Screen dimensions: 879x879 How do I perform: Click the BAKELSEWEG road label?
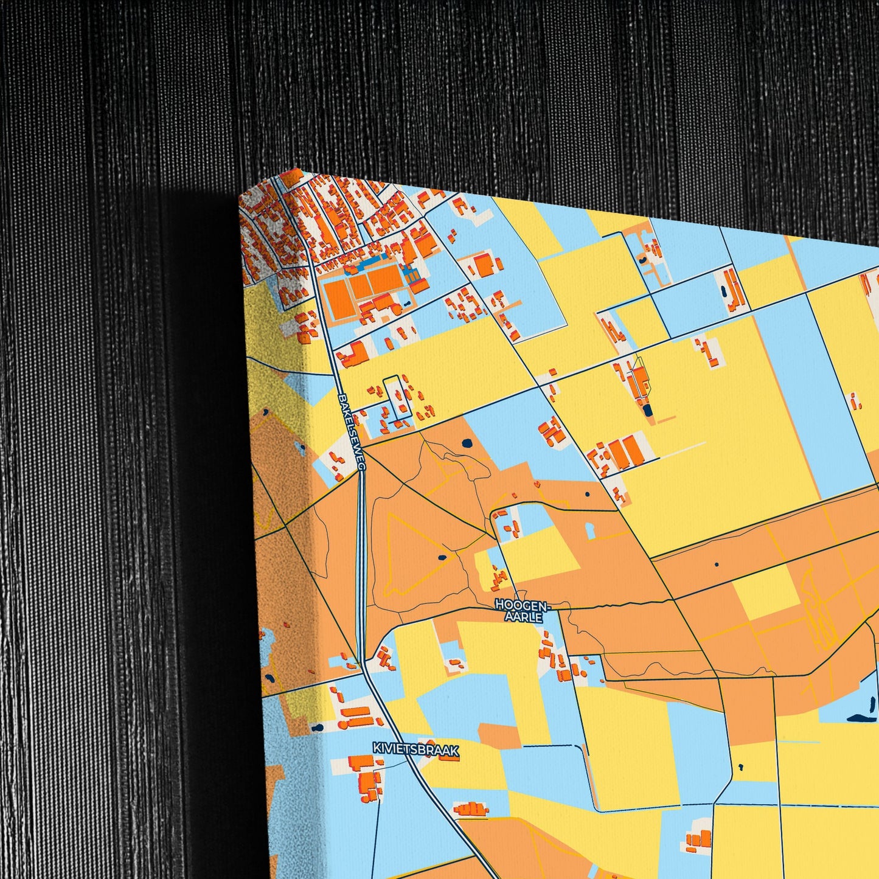[x=352, y=431]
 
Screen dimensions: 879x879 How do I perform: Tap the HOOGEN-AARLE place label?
[x=522, y=611]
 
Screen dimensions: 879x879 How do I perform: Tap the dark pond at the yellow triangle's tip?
[x=441, y=557]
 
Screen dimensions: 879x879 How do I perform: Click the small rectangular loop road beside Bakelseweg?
[x=398, y=399]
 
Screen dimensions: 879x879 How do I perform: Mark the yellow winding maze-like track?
[x=818, y=608]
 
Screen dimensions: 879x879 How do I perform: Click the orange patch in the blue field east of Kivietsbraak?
[x=499, y=734]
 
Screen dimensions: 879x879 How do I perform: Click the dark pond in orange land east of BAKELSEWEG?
[x=467, y=443]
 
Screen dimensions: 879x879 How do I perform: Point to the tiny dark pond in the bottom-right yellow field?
[x=740, y=766]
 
